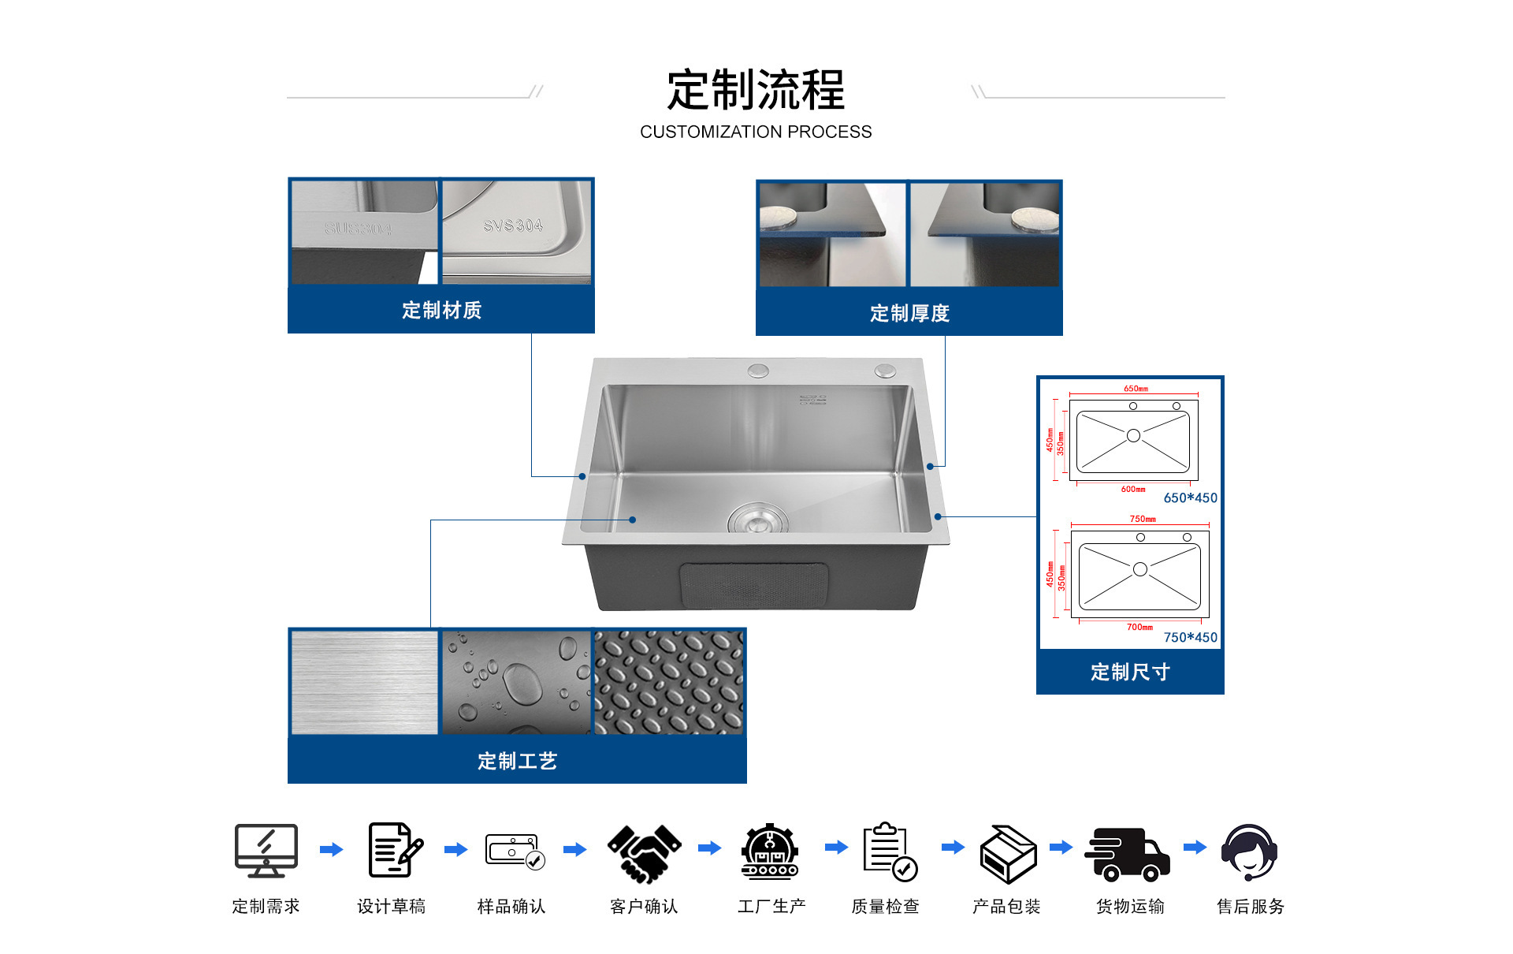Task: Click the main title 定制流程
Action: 755,90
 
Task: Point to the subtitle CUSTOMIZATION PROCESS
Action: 756,132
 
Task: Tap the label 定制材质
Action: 441,310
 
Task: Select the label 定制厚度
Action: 909,313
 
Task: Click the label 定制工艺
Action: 517,761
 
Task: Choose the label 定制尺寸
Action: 1130,672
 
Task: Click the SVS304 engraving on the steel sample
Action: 513,225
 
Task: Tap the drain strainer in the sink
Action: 757,520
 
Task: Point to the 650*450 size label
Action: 1190,497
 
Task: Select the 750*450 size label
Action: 1190,637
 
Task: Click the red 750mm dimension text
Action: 1143,519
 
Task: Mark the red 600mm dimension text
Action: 1133,489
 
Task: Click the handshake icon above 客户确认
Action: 644,852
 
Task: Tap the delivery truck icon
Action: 1128,853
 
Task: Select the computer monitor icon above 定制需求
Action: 266,850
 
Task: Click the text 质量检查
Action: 885,907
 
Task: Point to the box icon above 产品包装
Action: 1007,854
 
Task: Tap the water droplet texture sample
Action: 516,682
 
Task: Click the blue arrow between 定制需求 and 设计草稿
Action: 332,849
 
